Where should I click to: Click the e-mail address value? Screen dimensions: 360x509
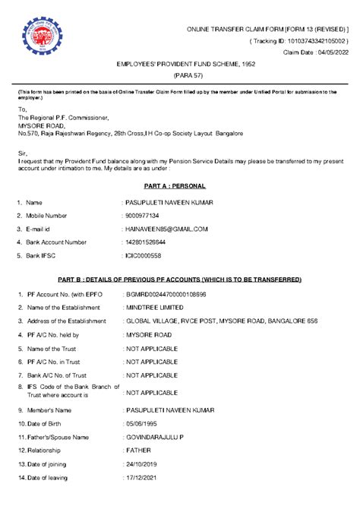pyautogui.click(x=166, y=229)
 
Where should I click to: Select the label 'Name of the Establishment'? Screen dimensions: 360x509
pyautogui.click(x=65, y=307)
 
